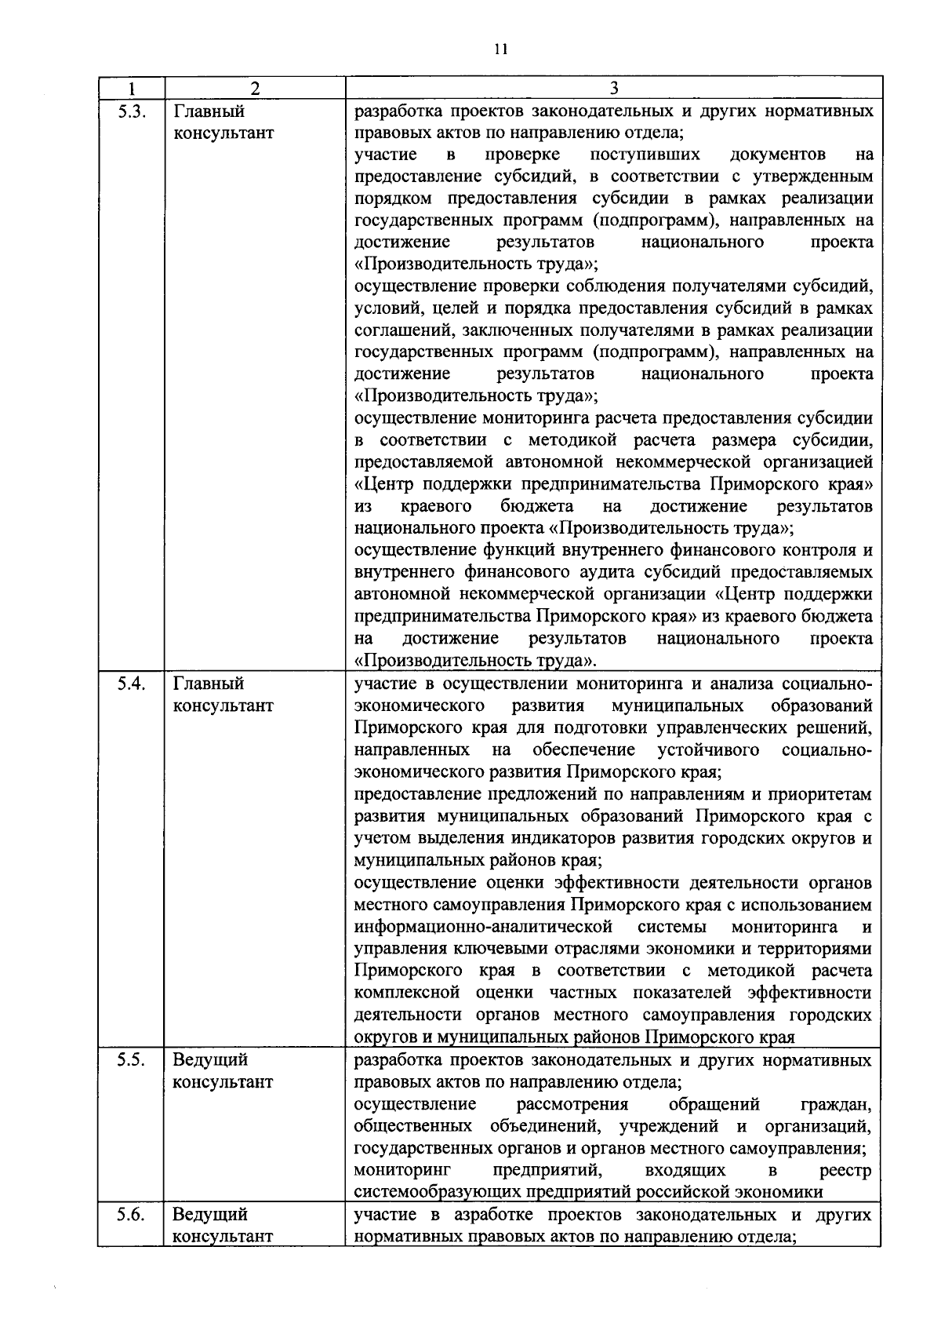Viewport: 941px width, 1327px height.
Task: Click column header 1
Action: click(131, 88)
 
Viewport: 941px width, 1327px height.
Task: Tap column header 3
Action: click(614, 88)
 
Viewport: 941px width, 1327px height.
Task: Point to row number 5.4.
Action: click(131, 684)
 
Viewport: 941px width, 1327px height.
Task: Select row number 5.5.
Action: click(131, 1060)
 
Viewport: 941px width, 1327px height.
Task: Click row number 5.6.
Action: click(131, 1214)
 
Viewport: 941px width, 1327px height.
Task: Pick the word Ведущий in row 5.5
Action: click(209, 1060)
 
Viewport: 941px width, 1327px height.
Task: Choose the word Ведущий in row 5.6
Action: click(209, 1214)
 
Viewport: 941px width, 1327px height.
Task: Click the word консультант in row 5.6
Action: click(223, 1237)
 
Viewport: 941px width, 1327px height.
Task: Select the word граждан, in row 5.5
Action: click(836, 1104)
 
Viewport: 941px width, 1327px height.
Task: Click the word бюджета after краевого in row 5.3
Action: click(537, 505)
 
